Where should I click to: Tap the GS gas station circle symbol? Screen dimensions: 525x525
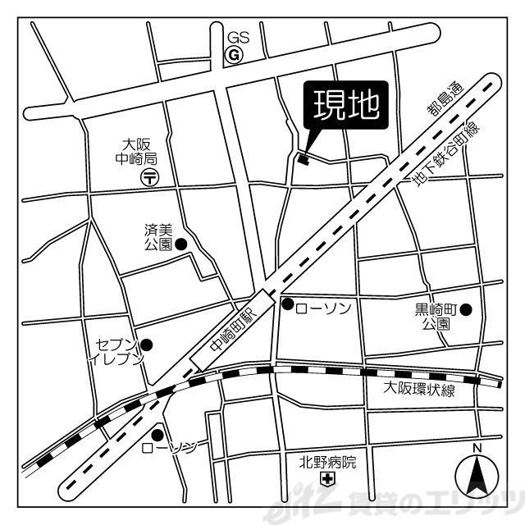234,55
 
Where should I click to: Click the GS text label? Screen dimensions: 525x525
237,38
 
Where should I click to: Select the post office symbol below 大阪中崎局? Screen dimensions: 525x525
149,176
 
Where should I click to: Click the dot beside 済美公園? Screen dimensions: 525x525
181,244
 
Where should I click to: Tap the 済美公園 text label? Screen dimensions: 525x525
157,236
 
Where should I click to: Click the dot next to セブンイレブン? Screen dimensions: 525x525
147,345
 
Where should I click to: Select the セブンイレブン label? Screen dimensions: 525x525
119,351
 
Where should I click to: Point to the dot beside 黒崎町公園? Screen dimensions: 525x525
466,309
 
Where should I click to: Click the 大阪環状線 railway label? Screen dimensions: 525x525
419,390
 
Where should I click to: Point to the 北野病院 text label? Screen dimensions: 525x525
328,462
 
